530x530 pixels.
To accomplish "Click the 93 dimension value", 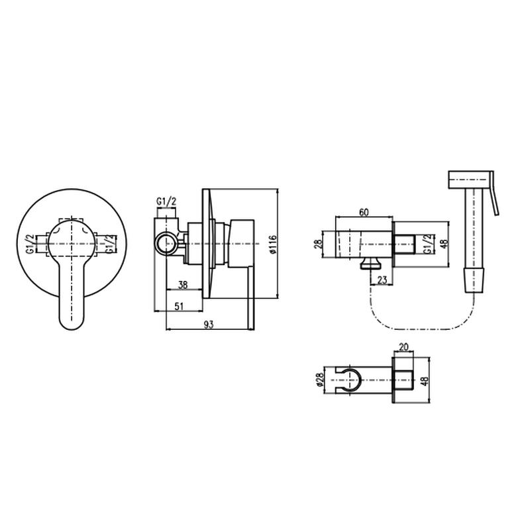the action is tap(209, 325).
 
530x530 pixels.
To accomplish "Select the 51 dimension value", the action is tap(179, 306).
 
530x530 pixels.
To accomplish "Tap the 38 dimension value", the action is tap(183, 285).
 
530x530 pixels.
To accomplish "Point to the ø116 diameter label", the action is tap(273, 244).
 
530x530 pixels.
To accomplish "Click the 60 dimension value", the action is tap(364, 212).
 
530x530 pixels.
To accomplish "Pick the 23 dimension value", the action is tap(382, 280).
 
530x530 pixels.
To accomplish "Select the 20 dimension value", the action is tap(404, 347).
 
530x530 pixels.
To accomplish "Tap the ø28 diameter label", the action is tap(320, 380).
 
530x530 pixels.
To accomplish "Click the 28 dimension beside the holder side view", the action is tap(319, 244).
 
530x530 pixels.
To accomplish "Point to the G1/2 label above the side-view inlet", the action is tap(166, 202).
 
